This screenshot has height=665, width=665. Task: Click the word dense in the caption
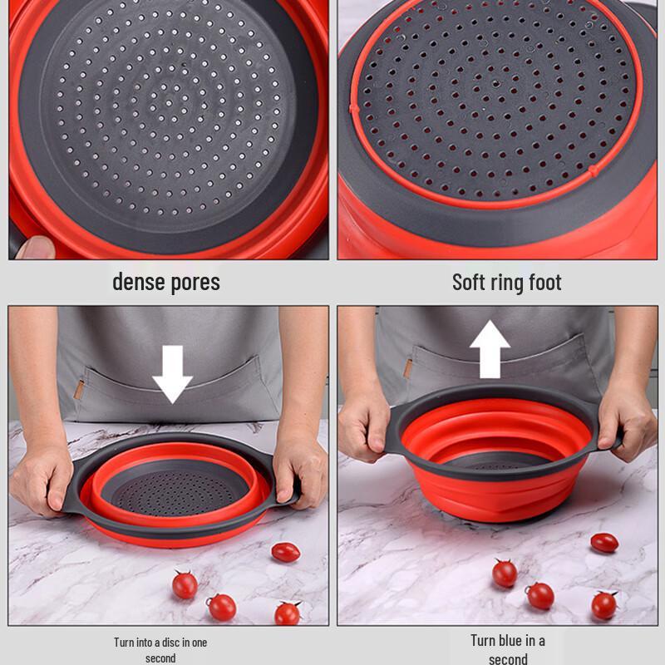pos(138,282)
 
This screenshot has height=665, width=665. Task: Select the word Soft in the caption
pos(468,282)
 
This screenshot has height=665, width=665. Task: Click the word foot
pos(546,282)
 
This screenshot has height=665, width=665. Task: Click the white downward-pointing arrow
pos(173,374)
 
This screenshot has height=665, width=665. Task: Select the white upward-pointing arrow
pos(490,349)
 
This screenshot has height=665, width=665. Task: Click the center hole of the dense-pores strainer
pos(169,103)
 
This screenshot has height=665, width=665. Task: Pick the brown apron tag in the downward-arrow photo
pos(79,390)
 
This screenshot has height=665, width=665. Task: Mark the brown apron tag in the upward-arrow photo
pos(407,368)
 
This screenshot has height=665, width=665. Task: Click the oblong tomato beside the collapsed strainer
pos(286,552)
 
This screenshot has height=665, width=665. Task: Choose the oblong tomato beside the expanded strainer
pos(604,543)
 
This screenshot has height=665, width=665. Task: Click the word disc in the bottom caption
pos(171,642)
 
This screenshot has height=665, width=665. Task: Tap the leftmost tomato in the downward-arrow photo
pos(185,585)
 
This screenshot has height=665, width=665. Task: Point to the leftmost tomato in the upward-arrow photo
pos(505,574)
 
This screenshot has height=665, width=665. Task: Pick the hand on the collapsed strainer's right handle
pos(300,470)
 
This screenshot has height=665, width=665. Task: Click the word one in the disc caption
pos(199,643)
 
